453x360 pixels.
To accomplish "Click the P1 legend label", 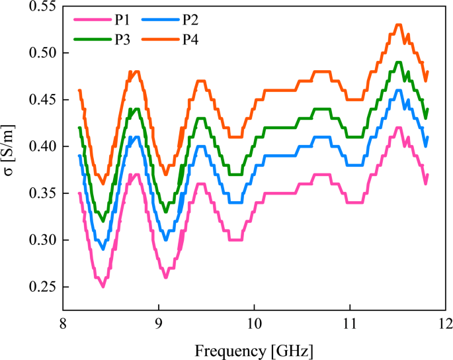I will pos(122,19).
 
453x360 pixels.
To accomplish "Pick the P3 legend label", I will pos(122,40).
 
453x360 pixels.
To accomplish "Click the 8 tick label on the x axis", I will pos(63,324).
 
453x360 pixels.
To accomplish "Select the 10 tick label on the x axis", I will pos(254,324).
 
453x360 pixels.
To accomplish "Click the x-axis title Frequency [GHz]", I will pos(254,348).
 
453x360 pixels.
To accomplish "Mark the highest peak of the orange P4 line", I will pos(398,24).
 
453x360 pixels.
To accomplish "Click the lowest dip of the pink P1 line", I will pos(103,287).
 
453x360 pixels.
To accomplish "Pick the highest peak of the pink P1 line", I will pos(398,127).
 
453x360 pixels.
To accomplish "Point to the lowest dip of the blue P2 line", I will pos(103,249).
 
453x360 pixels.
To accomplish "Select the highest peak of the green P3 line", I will pos(398,62).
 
